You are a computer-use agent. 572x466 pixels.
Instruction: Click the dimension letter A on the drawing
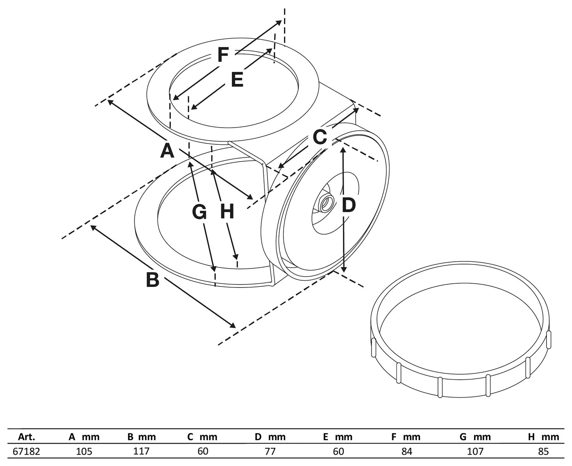pos(167,151)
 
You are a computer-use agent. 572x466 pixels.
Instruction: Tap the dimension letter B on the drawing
pos(153,280)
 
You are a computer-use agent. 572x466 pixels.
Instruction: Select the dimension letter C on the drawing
pos(320,137)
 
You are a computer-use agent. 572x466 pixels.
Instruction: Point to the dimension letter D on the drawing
pos(348,206)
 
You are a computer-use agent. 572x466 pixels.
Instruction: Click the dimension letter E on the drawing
pos(237,80)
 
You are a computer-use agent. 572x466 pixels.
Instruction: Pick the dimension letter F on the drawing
pos(223,55)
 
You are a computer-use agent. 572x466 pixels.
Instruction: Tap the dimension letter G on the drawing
pos(199,212)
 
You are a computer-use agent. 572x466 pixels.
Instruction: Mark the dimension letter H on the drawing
pos(227,212)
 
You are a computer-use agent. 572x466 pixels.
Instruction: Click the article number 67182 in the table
pos(26,452)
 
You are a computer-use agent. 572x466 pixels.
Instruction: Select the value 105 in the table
pos(84,452)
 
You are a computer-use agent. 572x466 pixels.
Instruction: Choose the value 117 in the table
pos(141,452)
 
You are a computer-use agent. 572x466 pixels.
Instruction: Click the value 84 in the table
pos(407,452)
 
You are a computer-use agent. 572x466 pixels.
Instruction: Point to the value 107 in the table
pos(475,452)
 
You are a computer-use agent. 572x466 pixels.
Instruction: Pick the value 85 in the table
pos(543,452)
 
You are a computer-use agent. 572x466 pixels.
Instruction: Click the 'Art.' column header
pos(27,437)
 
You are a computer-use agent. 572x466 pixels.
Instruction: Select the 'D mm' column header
pos(270,437)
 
